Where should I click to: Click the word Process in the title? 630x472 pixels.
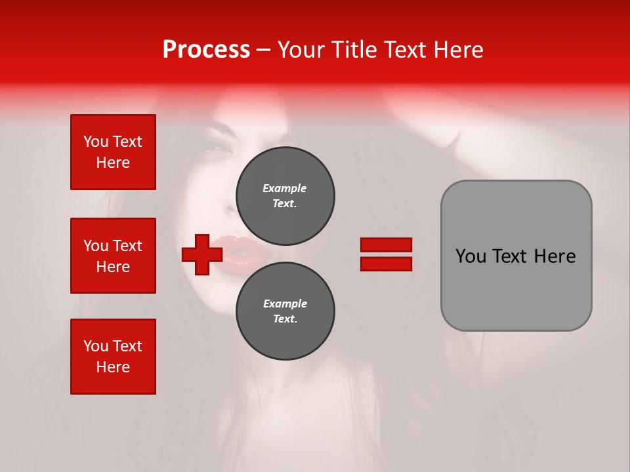pos(206,50)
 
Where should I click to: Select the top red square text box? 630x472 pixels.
pos(113,152)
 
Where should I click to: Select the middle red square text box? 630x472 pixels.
pos(113,256)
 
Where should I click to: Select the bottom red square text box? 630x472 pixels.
pos(113,357)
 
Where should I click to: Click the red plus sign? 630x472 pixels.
pos(202,254)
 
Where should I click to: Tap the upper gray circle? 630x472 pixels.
pos(285,195)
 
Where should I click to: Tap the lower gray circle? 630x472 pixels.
pos(285,311)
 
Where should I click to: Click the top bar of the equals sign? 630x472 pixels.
pos(386,245)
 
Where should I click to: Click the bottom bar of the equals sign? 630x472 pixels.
pos(386,264)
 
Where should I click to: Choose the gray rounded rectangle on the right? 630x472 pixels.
pos(516,256)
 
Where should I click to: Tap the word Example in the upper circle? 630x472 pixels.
pos(285,188)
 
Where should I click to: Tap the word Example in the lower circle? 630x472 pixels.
pos(285,304)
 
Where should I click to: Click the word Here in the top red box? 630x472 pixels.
pos(113,163)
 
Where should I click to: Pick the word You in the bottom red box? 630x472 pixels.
pos(96,346)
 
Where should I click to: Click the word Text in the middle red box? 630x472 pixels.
pos(127,246)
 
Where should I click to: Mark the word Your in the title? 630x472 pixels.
pos(301,50)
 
